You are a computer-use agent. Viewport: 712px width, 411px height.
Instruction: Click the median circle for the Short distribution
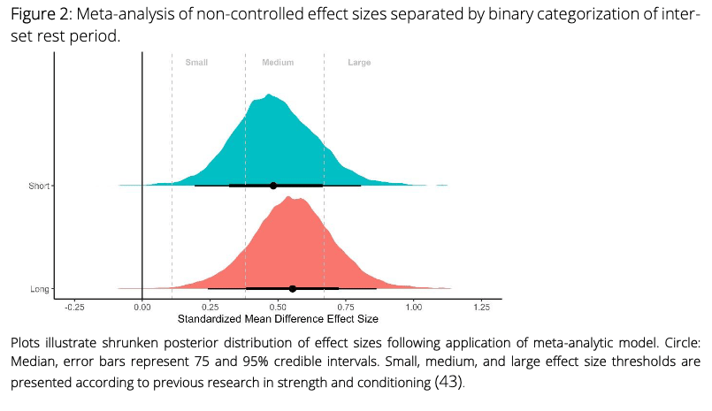tap(273, 186)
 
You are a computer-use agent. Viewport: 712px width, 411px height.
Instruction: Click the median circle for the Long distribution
tap(293, 288)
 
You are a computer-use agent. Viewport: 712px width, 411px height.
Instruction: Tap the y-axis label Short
tap(40, 186)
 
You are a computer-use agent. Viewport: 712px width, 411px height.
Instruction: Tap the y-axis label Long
tap(41, 289)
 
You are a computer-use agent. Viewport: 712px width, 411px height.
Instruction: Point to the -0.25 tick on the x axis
tap(74, 308)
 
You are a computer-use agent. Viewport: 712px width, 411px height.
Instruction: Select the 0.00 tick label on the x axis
tap(142, 308)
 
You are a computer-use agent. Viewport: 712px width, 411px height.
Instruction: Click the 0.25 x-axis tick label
tap(211, 308)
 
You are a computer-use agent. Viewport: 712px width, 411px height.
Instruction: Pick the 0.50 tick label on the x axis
tap(278, 308)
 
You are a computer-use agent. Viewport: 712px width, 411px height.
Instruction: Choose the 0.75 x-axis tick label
tap(346, 308)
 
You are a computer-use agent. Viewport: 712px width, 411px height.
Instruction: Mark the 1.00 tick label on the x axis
tap(414, 308)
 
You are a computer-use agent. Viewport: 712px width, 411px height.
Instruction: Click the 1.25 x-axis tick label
tap(481, 308)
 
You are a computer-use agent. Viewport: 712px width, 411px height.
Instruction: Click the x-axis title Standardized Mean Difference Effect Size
tap(278, 318)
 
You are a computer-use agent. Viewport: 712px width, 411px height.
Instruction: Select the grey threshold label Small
tap(195, 63)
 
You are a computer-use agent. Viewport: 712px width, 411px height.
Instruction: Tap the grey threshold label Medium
tap(278, 63)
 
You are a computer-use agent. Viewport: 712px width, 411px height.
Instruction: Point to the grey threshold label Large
tap(359, 63)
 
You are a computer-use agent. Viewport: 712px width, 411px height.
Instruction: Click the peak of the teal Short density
tap(270, 94)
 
